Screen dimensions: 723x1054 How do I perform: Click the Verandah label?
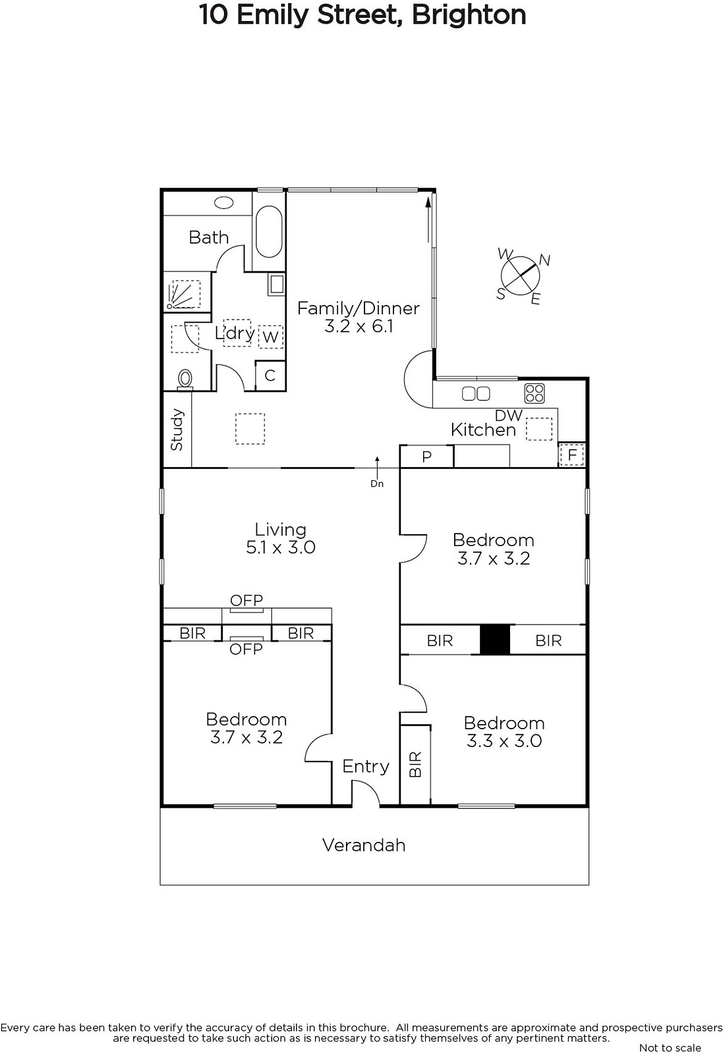tap(364, 845)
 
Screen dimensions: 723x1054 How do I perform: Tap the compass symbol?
tap(519, 276)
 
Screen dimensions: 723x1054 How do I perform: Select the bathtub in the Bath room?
tap(270, 231)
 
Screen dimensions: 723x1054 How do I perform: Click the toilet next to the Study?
tap(185, 379)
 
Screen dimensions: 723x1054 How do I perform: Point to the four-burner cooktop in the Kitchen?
tap(535, 393)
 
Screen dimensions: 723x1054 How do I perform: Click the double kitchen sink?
tap(476, 393)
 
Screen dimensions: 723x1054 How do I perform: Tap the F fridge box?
tap(572, 455)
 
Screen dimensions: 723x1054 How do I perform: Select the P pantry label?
tap(426, 457)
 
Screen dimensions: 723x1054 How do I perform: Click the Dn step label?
tap(377, 484)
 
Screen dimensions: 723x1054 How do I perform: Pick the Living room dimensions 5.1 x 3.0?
tap(281, 547)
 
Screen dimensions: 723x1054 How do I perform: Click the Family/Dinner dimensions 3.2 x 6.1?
tap(359, 326)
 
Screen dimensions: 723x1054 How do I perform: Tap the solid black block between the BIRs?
tap(495, 639)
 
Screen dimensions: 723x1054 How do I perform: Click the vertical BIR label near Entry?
tap(415, 764)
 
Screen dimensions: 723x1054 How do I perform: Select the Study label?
tap(177, 429)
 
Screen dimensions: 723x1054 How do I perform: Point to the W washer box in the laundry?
tap(271, 337)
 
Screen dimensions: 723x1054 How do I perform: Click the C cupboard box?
tap(270, 375)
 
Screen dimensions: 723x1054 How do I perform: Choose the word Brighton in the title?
tap(469, 15)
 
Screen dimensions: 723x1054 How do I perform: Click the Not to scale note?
tap(670, 1047)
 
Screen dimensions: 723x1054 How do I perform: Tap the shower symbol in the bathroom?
tap(183, 294)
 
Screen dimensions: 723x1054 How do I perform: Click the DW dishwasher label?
tap(509, 415)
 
